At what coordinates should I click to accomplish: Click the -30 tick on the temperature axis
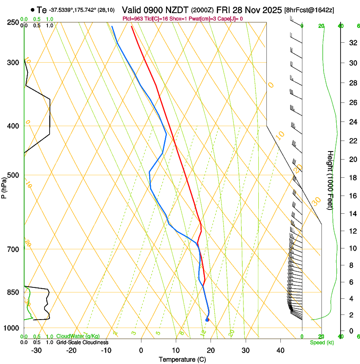(36, 350)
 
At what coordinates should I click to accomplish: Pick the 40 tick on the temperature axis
(280, 350)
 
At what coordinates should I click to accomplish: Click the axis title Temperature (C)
(182, 359)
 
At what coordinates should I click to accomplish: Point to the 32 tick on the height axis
(352, 43)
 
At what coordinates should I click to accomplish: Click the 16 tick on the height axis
(352, 196)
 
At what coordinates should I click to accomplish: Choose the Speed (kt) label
(321, 342)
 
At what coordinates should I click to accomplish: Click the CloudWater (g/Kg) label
(78, 336)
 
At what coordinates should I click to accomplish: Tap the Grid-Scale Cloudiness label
(82, 342)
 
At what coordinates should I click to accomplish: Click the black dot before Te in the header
(33, 10)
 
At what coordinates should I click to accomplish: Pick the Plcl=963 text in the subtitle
(133, 19)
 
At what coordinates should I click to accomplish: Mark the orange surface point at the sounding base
(207, 320)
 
